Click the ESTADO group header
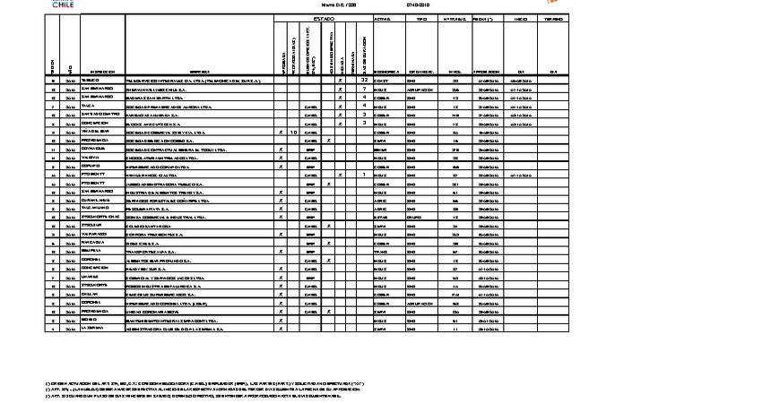click(323, 19)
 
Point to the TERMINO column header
click(553, 19)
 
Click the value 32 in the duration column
click(364, 80)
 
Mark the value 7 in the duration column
click(364, 89)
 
